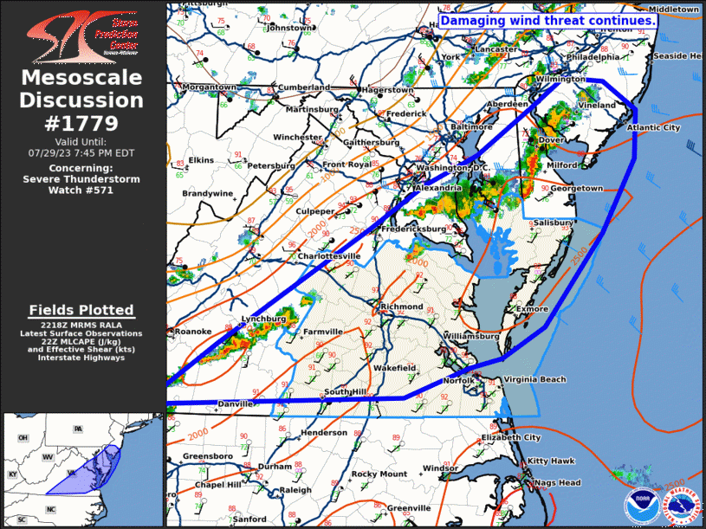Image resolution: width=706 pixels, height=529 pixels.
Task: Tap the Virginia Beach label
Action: tap(534, 379)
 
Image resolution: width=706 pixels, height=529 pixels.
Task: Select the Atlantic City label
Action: tap(654, 127)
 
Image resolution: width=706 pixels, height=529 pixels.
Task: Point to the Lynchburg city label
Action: tap(263, 319)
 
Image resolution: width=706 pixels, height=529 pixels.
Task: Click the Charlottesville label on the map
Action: tap(329, 256)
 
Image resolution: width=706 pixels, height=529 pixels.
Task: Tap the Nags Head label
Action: tap(557, 482)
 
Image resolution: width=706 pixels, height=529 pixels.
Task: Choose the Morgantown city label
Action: tap(210, 87)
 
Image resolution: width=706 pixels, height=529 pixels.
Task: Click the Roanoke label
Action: tap(193, 331)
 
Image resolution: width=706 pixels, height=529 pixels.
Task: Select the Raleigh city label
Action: tap(295, 490)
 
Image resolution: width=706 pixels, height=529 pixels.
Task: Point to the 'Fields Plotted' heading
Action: tap(81, 310)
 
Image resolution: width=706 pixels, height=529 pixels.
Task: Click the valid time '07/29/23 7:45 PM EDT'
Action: tap(82, 151)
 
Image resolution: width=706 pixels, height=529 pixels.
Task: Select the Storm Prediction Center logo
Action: tap(82, 35)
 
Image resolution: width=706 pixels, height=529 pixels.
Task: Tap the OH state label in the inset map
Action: tap(23, 438)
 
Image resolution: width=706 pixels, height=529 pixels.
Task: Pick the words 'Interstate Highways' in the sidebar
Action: tap(81, 357)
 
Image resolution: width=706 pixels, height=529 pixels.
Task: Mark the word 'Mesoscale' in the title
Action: tap(82, 78)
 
